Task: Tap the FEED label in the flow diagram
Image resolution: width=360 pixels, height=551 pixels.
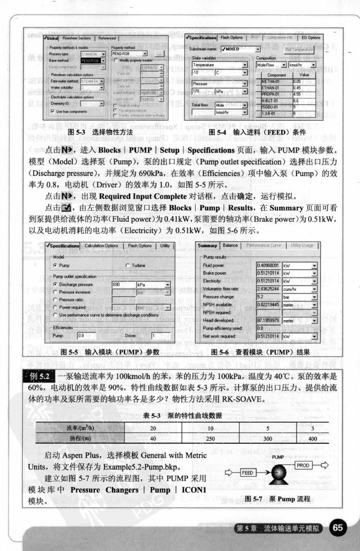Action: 248,472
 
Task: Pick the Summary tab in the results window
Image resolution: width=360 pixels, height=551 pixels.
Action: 208,245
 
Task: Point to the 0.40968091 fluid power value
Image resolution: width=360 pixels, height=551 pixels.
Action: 268,265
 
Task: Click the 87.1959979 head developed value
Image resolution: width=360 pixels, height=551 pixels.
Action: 268,320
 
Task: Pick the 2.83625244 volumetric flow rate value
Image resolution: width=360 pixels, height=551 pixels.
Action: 268,289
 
